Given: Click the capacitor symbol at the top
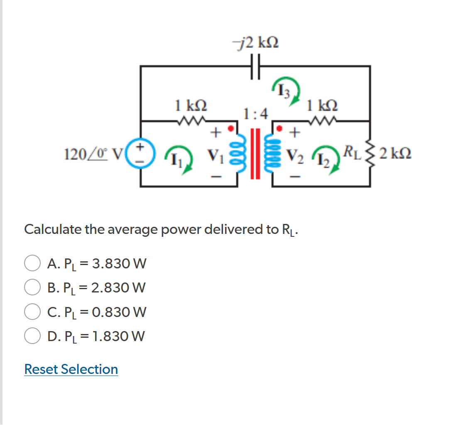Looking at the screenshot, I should [x=255, y=66].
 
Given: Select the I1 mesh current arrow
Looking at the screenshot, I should [x=179, y=158].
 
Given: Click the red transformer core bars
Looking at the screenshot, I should [x=255, y=153].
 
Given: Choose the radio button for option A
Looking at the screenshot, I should [x=32, y=263].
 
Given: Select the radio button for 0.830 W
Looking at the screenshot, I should [x=32, y=312].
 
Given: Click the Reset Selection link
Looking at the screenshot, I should [x=71, y=369].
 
